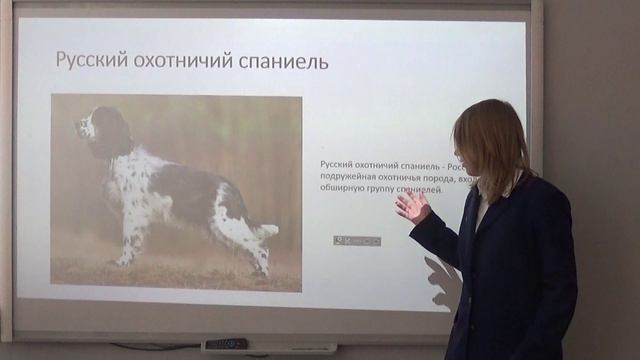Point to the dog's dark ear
(x=110, y=135)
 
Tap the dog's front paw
(x=122, y=262)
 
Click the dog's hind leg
(x=252, y=250)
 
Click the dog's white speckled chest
(x=125, y=175)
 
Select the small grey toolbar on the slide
(x=357, y=240)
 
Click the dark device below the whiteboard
(x=225, y=344)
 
